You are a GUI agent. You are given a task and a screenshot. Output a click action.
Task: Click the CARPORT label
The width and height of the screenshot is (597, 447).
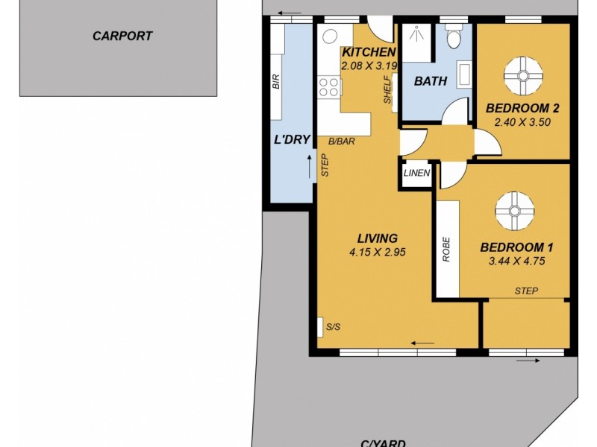point(122,35)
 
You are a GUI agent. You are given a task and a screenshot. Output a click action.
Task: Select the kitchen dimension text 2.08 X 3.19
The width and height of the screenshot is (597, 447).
point(368,66)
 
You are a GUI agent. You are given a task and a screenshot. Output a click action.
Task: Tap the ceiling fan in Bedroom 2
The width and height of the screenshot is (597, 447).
point(521,74)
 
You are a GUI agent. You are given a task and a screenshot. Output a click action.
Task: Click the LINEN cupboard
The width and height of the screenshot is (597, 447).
point(416,173)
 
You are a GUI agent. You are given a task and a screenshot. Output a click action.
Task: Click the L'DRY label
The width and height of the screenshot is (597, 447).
point(292,139)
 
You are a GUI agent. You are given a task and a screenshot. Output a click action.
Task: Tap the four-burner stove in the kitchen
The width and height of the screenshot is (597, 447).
point(329,88)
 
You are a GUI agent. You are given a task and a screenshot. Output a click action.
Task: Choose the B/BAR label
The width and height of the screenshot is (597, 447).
point(342,141)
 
